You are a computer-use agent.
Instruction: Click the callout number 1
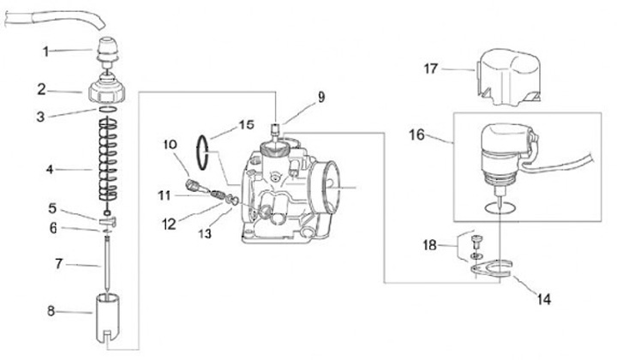pyautogui.click(x=47, y=51)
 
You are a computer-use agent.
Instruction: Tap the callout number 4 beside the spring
pyautogui.click(x=51, y=171)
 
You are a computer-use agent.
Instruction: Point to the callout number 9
pyautogui.click(x=320, y=97)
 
